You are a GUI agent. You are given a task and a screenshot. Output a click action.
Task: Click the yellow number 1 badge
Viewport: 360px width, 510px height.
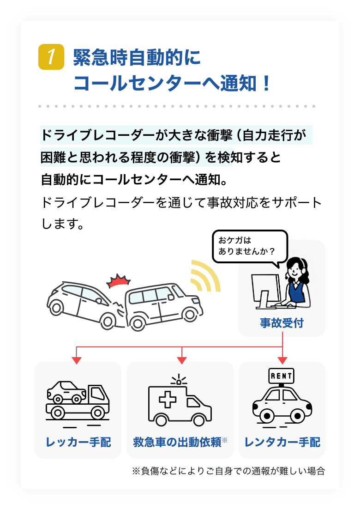coord(51,57)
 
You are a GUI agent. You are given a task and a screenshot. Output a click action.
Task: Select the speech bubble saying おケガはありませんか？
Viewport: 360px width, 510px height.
coord(250,247)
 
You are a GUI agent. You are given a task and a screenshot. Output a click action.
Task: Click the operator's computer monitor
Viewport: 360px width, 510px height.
coord(266,290)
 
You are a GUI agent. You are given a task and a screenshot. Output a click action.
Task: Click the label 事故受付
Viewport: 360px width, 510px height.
coord(282,323)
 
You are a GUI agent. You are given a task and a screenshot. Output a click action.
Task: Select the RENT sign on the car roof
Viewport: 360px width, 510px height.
coord(281,376)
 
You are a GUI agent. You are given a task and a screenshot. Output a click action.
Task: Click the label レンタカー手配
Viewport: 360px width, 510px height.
coord(282,442)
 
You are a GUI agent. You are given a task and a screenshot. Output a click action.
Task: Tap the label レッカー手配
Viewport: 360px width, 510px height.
coord(78,442)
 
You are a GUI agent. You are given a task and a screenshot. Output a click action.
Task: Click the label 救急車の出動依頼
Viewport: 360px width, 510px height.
coord(177,442)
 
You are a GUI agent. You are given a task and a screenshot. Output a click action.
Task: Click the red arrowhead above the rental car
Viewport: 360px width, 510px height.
coord(282,359)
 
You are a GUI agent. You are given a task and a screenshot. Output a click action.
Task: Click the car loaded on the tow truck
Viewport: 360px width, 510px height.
coord(67,392)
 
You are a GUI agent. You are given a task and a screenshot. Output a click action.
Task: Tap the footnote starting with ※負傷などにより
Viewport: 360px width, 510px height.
coord(228,471)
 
